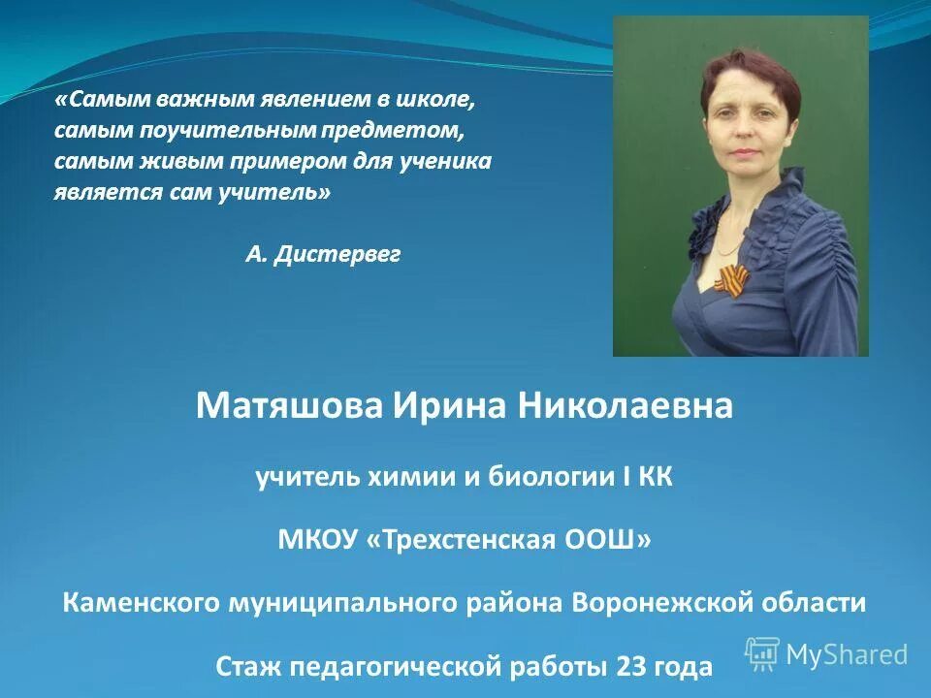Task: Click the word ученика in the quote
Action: click(x=447, y=161)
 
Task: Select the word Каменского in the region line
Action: click(x=140, y=603)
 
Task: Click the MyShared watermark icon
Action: click(x=762, y=654)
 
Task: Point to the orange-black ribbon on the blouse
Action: click(x=731, y=278)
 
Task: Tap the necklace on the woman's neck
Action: click(x=727, y=247)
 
